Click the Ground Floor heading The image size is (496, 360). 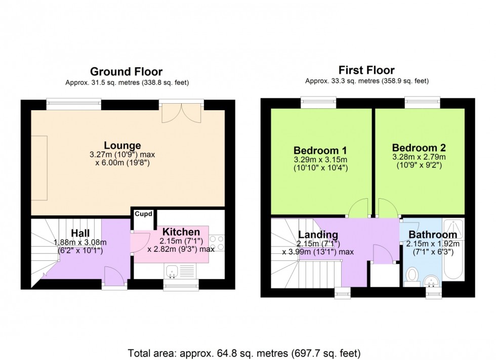click(126, 72)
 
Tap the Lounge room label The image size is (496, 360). click(122, 146)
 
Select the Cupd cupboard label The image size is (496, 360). click(143, 214)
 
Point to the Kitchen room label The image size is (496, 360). click(181, 232)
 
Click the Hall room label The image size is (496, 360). click(80, 233)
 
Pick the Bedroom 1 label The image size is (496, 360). click(320, 150)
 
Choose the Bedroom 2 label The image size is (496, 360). click(419, 148)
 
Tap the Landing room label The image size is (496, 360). click(318, 235)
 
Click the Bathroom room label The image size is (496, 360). click(433, 235)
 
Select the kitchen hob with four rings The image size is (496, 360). click(217, 243)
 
